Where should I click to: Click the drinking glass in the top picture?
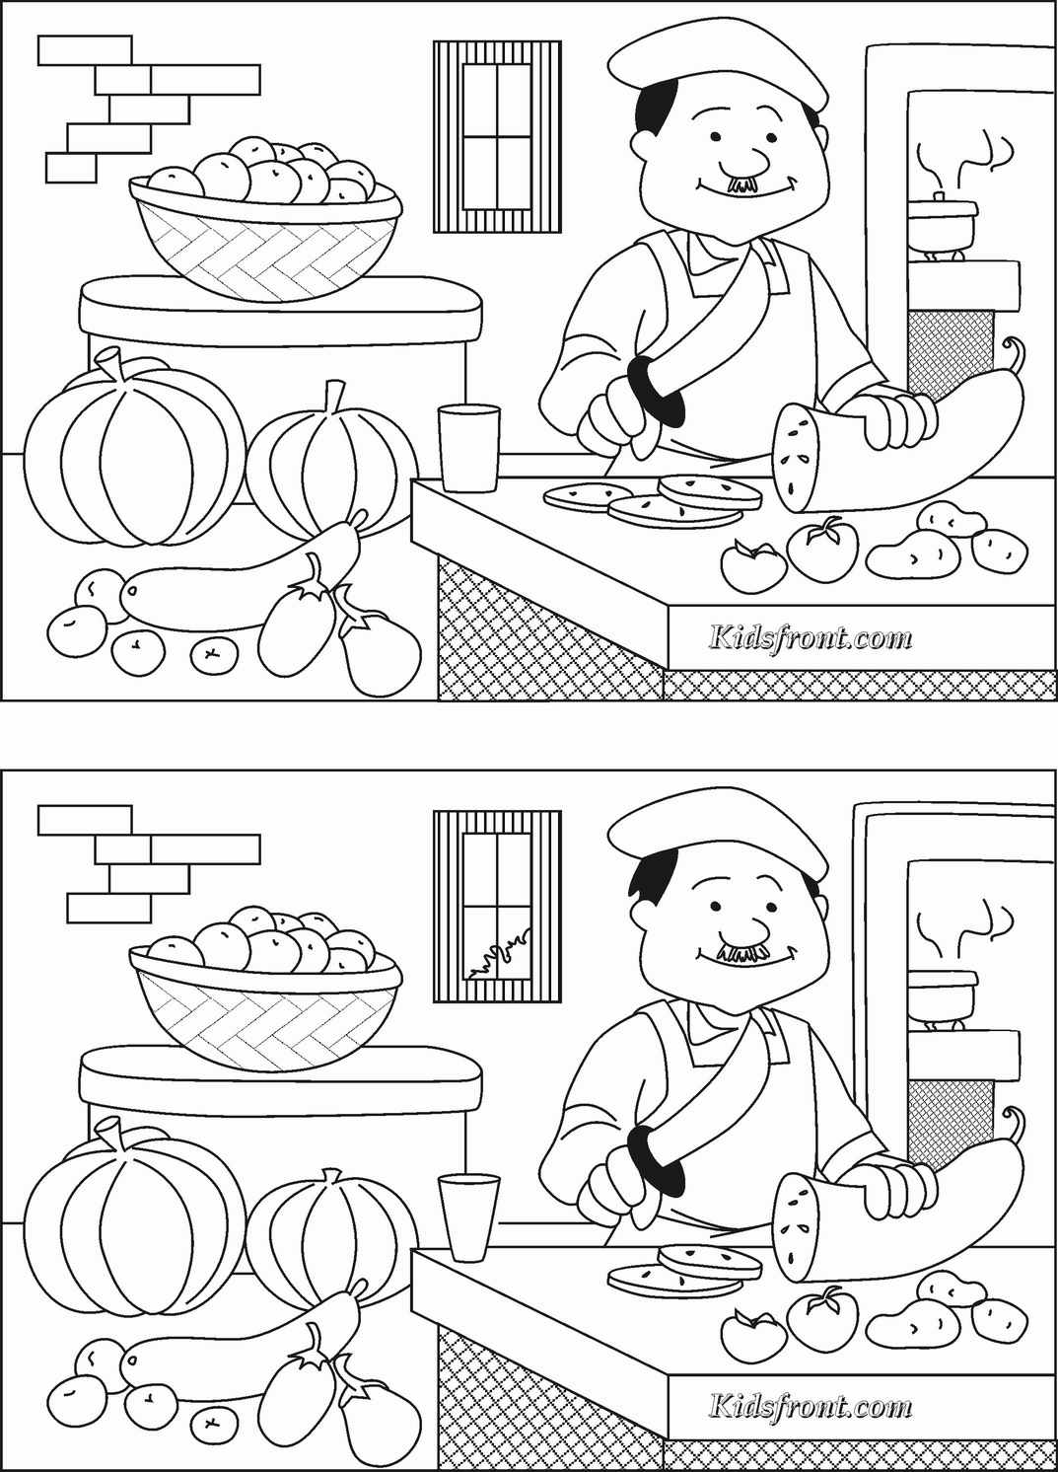coord(469,448)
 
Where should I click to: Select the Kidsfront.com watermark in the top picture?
coord(811,637)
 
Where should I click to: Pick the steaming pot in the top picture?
coord(942,220)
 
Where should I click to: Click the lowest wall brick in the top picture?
coord(72,168)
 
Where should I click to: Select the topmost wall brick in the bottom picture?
coord(85,820)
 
